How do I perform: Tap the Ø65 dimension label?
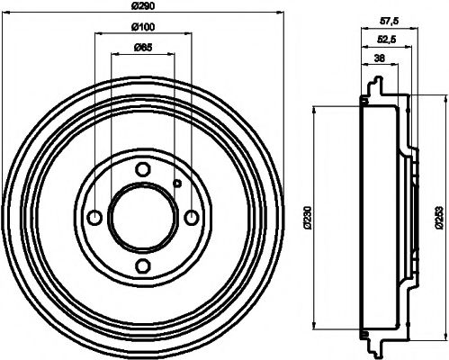[143, 49]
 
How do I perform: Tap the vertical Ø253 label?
[437, 217]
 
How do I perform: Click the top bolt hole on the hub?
[143, 168]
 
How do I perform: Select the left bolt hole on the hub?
[94, 217]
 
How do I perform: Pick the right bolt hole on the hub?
[191, 217]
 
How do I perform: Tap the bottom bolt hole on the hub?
[143, 265]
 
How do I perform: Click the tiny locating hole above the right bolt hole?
[177, 185]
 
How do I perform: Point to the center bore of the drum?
[143, 217]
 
